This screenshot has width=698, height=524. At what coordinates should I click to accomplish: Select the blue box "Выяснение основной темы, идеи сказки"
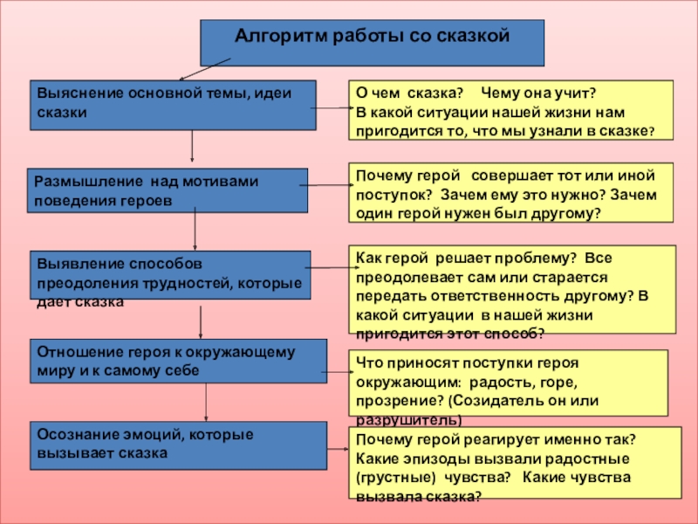coord(175,105)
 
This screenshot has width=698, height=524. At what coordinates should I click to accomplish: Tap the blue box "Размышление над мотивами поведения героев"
coord(168,190)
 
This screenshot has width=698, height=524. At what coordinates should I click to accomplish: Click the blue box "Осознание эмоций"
coord(179,445)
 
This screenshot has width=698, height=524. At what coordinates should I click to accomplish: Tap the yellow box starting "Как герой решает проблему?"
coord(512,289)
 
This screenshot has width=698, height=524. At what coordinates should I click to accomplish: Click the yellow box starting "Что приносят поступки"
coord(508,383)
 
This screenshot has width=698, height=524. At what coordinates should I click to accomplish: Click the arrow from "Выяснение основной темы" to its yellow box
coord(333,109)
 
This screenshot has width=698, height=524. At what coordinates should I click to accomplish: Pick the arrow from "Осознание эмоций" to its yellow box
coord(338,449)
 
